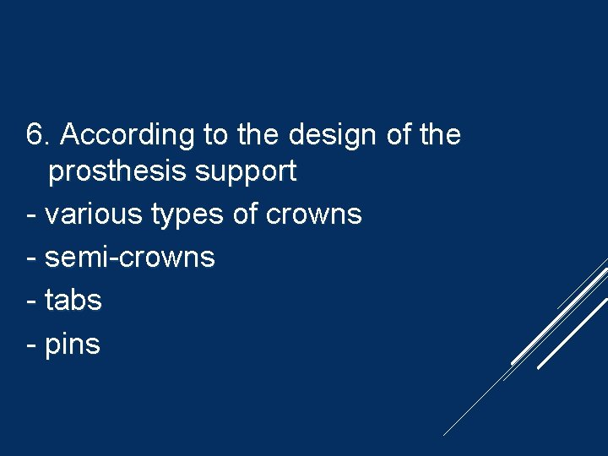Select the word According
pos(128,135)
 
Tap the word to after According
pos(216,135)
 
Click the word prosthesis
pos(117,172)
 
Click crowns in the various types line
pos(313,214)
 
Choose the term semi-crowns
pos(130,257)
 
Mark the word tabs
pos(73,300)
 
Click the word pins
pos(73,344)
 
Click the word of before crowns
pos(246,214)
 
